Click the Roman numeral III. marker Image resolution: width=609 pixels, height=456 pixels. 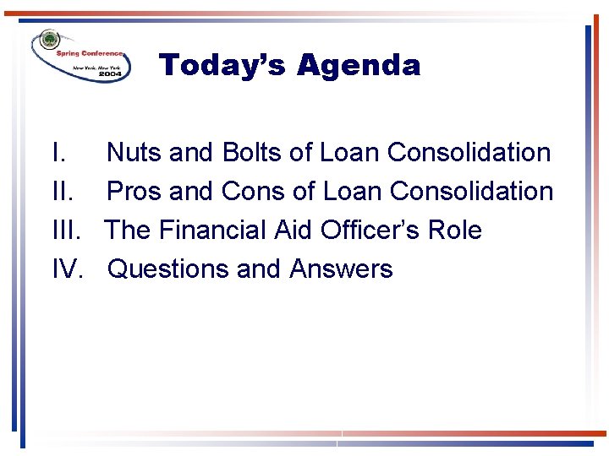click(x=66, y=231)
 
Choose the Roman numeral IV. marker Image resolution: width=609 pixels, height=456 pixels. click(x=68, y=269)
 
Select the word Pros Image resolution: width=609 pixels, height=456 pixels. click(x=135, y=192)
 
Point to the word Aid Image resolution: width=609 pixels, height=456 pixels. click(x=293, y=231)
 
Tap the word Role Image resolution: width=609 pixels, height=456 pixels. click(x=457, y=231)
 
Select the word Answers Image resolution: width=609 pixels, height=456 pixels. click(x=341, y=269)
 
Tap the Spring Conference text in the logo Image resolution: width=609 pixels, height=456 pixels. click(x=90, y=52)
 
